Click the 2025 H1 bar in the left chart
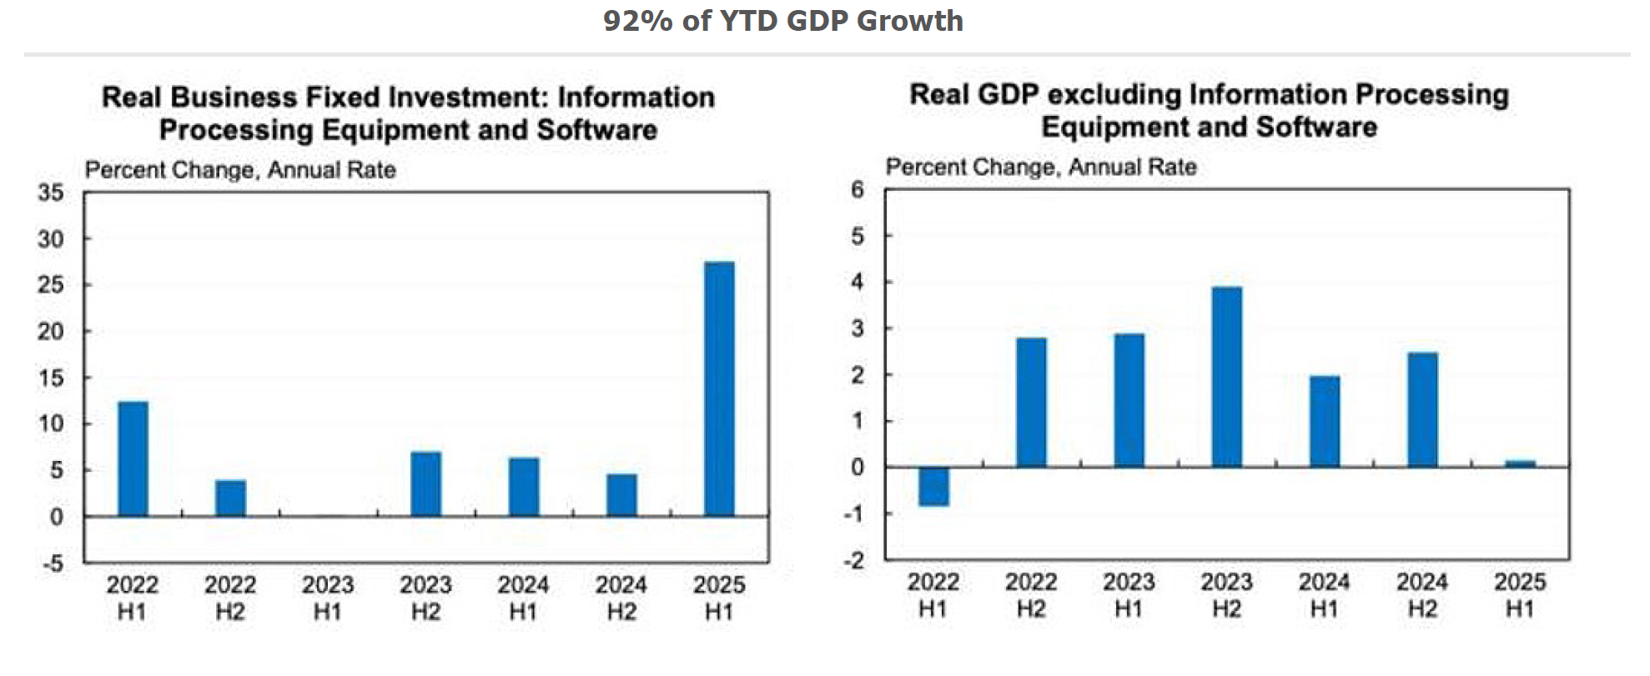point(719,389)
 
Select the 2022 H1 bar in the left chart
point(133,459)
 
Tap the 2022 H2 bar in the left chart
point(230,498)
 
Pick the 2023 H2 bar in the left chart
point(426,484)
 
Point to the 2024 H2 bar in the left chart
point(621,495)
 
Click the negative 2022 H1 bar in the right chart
point(933,487)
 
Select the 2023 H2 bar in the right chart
point(1226,377)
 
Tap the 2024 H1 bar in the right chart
point(1325,422)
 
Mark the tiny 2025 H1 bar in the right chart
point(1520,463)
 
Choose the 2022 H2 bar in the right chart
point(1031,403)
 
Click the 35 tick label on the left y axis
point(51,193)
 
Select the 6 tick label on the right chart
point(858,190)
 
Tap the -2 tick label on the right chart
point(854,560)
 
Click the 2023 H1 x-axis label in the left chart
point(328,598)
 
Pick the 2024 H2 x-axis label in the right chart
point(1422,595)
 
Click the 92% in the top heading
point(637,21)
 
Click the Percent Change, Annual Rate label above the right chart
point(1041,168)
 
